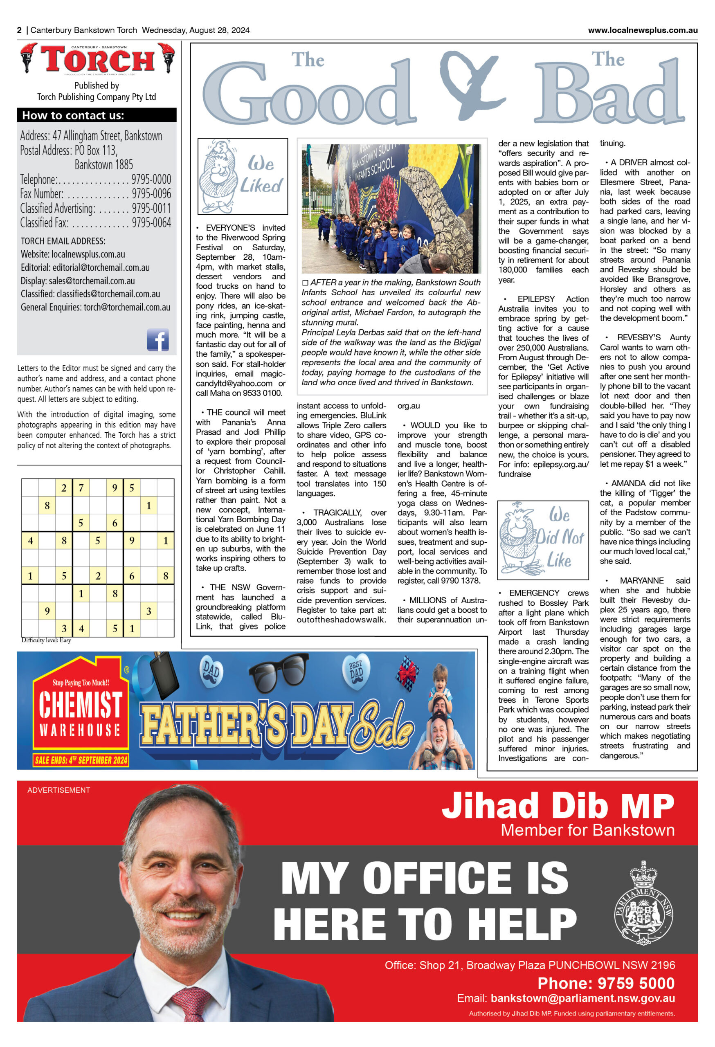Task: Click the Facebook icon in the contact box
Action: tap(158, 340)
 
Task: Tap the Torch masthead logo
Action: tap(97, 59)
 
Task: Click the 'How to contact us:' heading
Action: tap(73, 115)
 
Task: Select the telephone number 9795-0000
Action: tap(151, 179)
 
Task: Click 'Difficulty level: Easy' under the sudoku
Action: tap(46, 640)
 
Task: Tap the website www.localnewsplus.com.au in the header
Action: tap(643, 30)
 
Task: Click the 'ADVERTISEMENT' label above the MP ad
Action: tap(58, 790)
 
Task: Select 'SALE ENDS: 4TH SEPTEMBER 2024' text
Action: tap(81, 760)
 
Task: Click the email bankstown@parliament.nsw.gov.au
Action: tap(582, 998)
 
